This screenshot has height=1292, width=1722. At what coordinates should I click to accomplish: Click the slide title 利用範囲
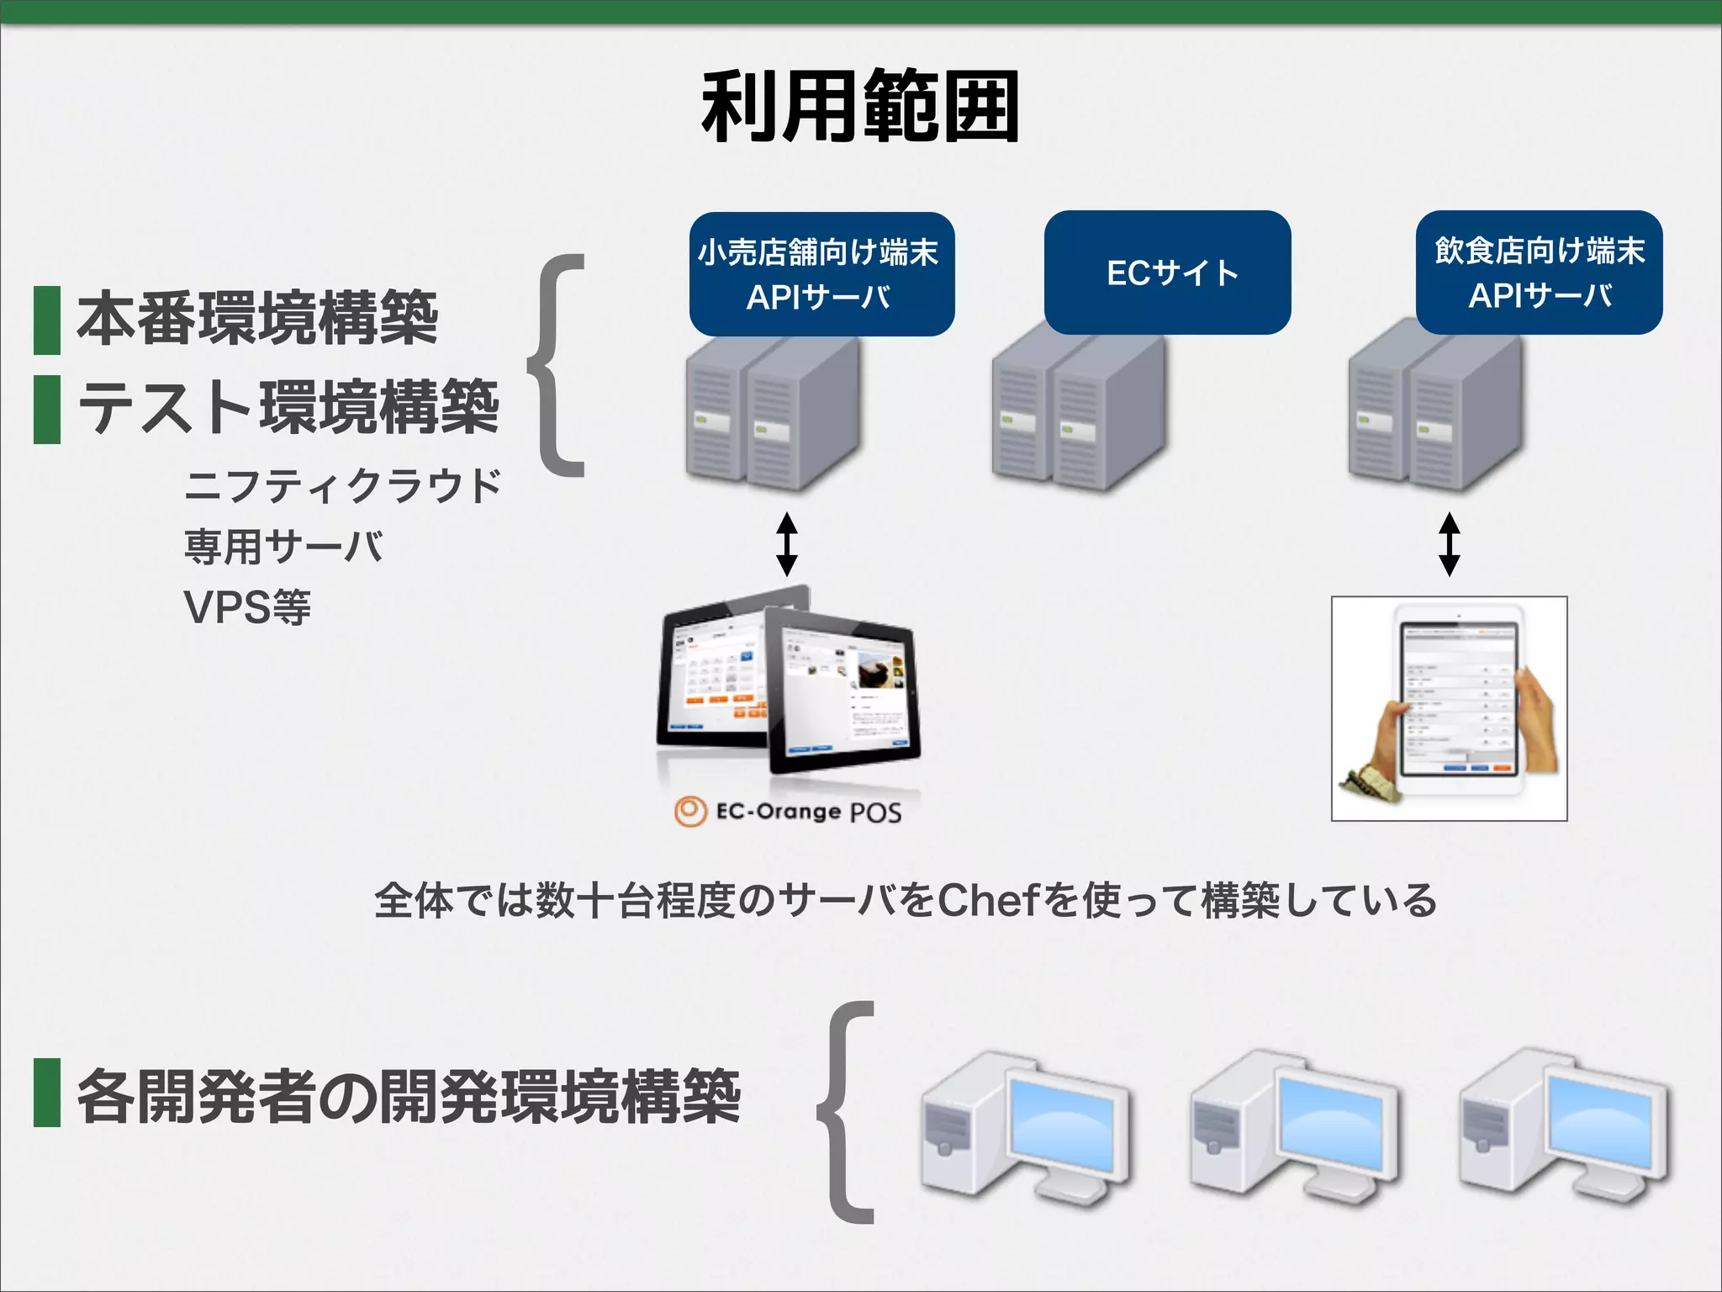point(860,107)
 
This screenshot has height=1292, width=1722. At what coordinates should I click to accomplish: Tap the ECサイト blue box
point(1167,273)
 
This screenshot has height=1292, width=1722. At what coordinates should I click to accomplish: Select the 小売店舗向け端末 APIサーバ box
point(821,274)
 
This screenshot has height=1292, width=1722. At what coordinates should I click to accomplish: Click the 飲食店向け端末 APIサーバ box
point(1539,273)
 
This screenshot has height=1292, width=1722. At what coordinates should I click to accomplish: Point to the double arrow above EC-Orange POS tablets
point(786,543)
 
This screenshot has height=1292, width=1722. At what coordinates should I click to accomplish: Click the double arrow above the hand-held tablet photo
point(1449,543)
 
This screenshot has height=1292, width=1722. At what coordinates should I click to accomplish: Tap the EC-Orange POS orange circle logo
point(689,812)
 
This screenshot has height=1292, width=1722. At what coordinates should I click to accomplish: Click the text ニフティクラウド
point(342,486)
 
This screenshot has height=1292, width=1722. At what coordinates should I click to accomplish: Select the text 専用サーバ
point(284,547)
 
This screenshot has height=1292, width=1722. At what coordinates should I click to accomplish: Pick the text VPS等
point(247,607)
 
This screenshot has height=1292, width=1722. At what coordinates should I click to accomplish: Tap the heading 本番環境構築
point(258,319)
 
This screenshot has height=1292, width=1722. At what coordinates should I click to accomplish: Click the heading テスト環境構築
point(288,408)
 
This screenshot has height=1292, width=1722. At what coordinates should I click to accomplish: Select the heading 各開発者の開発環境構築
point(409,1096)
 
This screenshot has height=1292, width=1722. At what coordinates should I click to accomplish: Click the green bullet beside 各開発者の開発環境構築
point(47,1093)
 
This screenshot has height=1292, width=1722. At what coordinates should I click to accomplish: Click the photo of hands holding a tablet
point(1449,708)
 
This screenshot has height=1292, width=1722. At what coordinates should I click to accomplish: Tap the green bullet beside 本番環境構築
point(47,320)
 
